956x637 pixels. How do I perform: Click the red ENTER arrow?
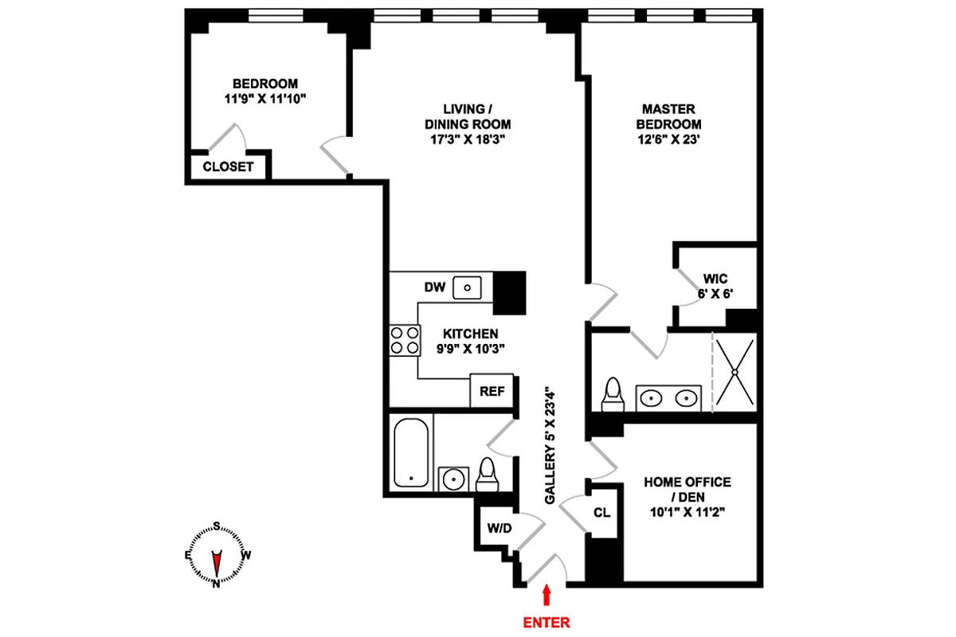tap(547, 596)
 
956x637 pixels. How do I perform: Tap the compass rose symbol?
tap(216, 555)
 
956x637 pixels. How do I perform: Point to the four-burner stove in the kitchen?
tap(404, 340)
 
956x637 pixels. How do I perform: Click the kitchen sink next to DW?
tap(468, 287)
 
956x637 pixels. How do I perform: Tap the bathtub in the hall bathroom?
tap(413, 452)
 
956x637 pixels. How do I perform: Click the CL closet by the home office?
tap(602, 513)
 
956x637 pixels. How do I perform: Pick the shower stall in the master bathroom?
tap(734, 372)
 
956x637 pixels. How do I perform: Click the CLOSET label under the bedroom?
tap(228, 167)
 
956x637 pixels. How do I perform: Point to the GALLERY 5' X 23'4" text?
tap(550, 445)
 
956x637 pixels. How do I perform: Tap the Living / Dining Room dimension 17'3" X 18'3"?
tap(476, 139)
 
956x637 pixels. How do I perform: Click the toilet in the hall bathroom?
tap(485, 475)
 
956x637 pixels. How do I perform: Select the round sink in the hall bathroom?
tap(454, 479)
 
